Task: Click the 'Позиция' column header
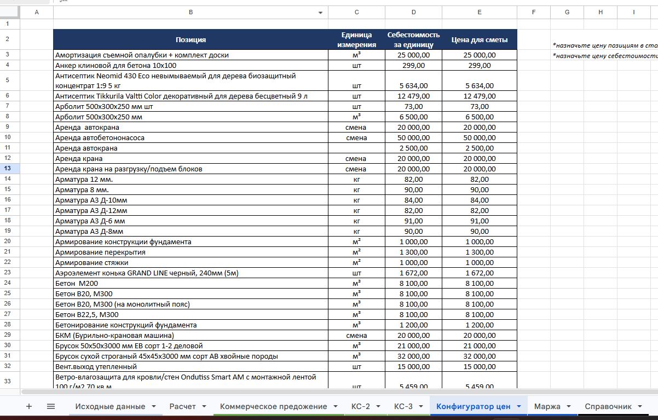pos(191,39)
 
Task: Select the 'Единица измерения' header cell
pos(356,39)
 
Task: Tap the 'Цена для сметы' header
pos(479,39)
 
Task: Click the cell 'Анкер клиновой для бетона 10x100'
pos(116,65)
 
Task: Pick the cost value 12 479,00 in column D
pos(413,96)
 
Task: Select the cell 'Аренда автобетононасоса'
pos(100,138)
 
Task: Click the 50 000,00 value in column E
pos(479,138)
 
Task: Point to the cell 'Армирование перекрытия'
pos(100,252)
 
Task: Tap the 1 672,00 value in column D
pos(413,273)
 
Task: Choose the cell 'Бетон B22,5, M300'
pos(86,315)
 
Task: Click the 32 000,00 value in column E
pos(479,356)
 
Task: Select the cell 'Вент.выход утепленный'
pos(96,367)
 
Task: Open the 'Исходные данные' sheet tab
pos(110,406)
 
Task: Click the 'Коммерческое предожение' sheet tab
pos(273,406)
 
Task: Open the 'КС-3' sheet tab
pos(403,406)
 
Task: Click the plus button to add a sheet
pos(29,406)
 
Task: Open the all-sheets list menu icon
pos(51,406)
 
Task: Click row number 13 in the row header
pos(8,169)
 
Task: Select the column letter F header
pos(533,12)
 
